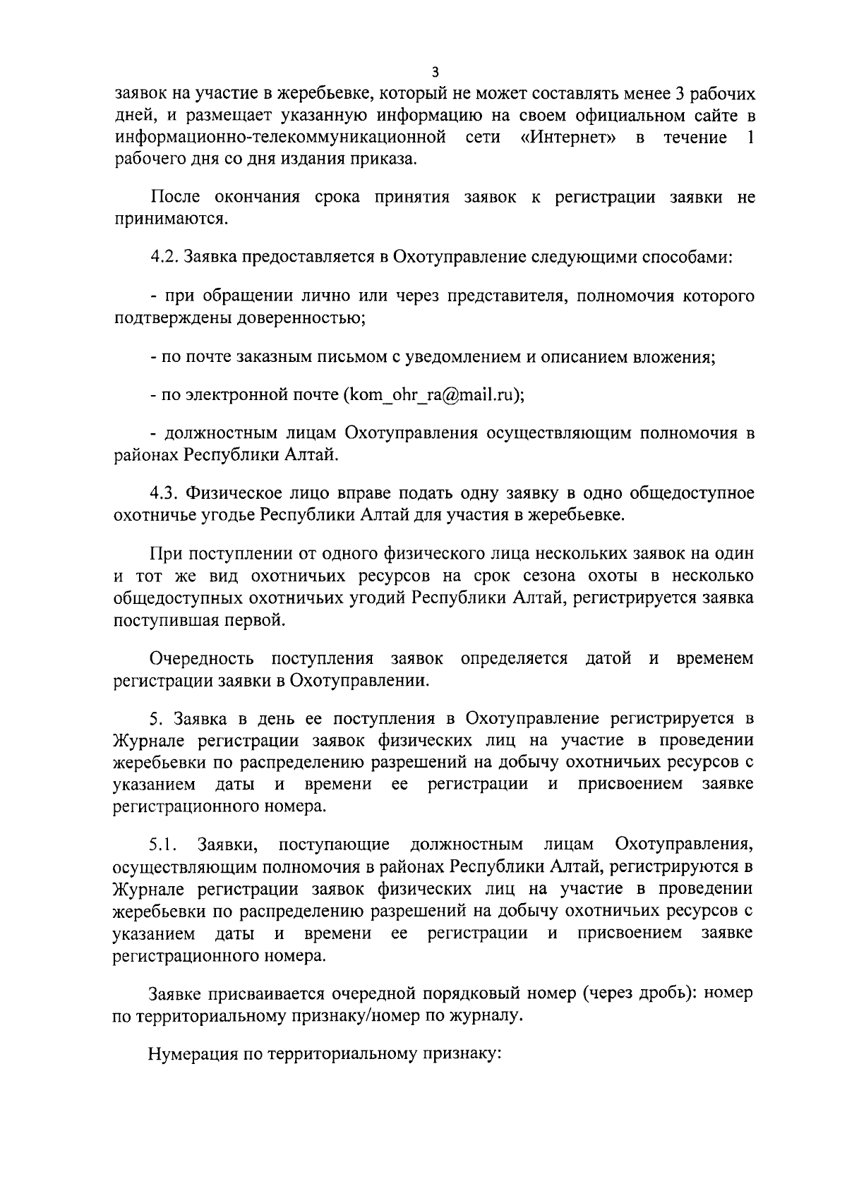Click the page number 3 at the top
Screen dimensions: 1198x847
[435, 71]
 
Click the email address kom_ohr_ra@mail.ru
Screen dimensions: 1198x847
[431, 394]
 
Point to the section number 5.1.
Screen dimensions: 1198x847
[164, 844]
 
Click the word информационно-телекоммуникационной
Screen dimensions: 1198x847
[280, 137]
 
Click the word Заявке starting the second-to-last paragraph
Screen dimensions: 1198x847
[175, 993]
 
